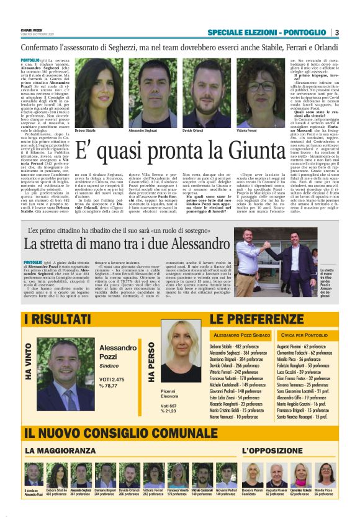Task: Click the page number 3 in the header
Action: coord(336,32)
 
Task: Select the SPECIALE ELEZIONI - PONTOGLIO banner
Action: coord(266,32)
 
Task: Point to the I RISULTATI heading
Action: coord(57,320)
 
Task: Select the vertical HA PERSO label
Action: coord(152,363)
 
